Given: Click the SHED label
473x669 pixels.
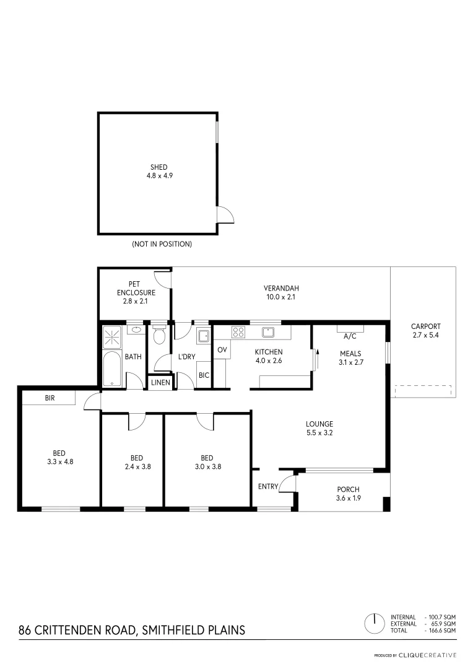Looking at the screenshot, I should tap(159, 167).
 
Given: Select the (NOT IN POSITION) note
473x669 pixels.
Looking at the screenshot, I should tap(162, 244).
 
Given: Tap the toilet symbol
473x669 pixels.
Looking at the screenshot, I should tap(159, 336).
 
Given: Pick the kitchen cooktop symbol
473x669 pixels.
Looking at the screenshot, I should tap(238, 332).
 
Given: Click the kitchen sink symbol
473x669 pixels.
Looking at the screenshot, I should tap(267, 332).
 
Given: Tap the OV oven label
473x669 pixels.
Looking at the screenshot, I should tap(221, 350).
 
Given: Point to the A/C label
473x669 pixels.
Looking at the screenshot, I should tap(350, 337).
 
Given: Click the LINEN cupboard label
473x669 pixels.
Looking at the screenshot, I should tap(160, 383).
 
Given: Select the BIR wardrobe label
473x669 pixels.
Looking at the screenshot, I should tap(50, 398).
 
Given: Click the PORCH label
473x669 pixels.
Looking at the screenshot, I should tap(348, 489).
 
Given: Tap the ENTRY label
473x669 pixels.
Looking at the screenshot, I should tap(268, 486).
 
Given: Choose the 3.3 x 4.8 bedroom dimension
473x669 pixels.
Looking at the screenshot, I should tap(60, 461).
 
